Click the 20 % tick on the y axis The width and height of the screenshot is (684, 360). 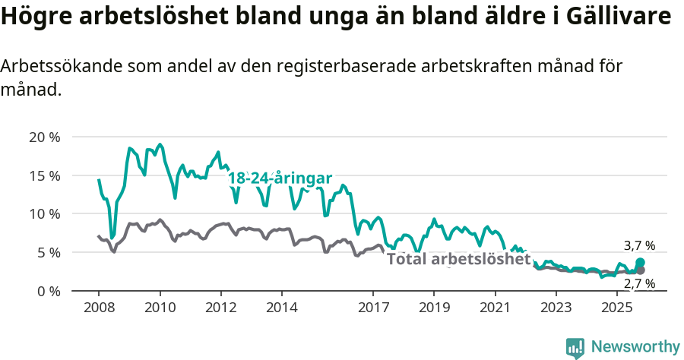coord(44,137)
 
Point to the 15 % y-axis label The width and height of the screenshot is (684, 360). coord(44,175)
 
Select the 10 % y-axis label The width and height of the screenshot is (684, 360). coord(44,213)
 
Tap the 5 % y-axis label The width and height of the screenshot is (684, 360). coord(48,252)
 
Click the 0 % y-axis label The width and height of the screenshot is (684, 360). coord(48,291)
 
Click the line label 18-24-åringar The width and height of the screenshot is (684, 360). coord(280,178)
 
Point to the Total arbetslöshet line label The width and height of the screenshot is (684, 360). coord(458,259)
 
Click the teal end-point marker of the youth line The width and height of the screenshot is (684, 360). coord(641,262)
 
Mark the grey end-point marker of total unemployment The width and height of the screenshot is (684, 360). coord(641,270)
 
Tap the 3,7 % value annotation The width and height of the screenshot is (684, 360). coord(639,246)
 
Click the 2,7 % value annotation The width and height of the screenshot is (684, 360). coord(639,284)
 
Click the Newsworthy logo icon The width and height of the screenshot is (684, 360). coord(575,347)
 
